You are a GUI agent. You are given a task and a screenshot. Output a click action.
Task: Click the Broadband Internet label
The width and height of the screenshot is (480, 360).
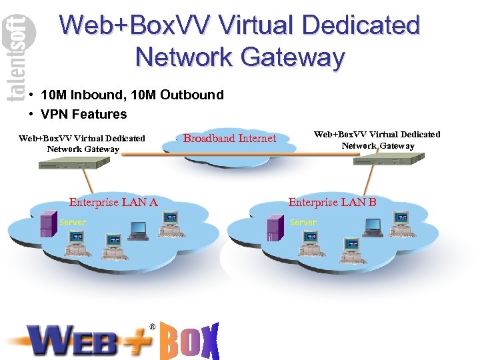(x=229, y=139)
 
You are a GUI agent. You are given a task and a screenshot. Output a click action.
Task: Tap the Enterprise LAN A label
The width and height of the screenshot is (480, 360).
(x=113, y=202)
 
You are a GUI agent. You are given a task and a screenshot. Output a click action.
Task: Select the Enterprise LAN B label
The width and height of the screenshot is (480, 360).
(x=332, y=202)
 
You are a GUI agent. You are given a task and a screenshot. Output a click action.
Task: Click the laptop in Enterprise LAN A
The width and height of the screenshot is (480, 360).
(x=138, y=230)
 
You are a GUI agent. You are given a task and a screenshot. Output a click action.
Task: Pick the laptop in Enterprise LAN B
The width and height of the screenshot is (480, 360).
(x=372, y=228)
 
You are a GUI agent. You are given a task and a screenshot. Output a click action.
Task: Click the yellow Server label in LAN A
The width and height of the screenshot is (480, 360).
(x=73, y=222)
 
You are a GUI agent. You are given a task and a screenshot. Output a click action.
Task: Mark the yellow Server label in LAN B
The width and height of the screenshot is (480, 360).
(x=303, y=222)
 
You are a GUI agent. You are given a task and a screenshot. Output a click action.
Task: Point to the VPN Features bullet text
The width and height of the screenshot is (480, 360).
(x=83, y=114)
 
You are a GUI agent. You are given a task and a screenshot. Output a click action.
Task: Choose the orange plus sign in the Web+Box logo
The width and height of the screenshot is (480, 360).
(x=137, y=341)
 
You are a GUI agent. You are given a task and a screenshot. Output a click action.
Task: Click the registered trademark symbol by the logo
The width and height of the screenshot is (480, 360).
(x=153, y=327)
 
